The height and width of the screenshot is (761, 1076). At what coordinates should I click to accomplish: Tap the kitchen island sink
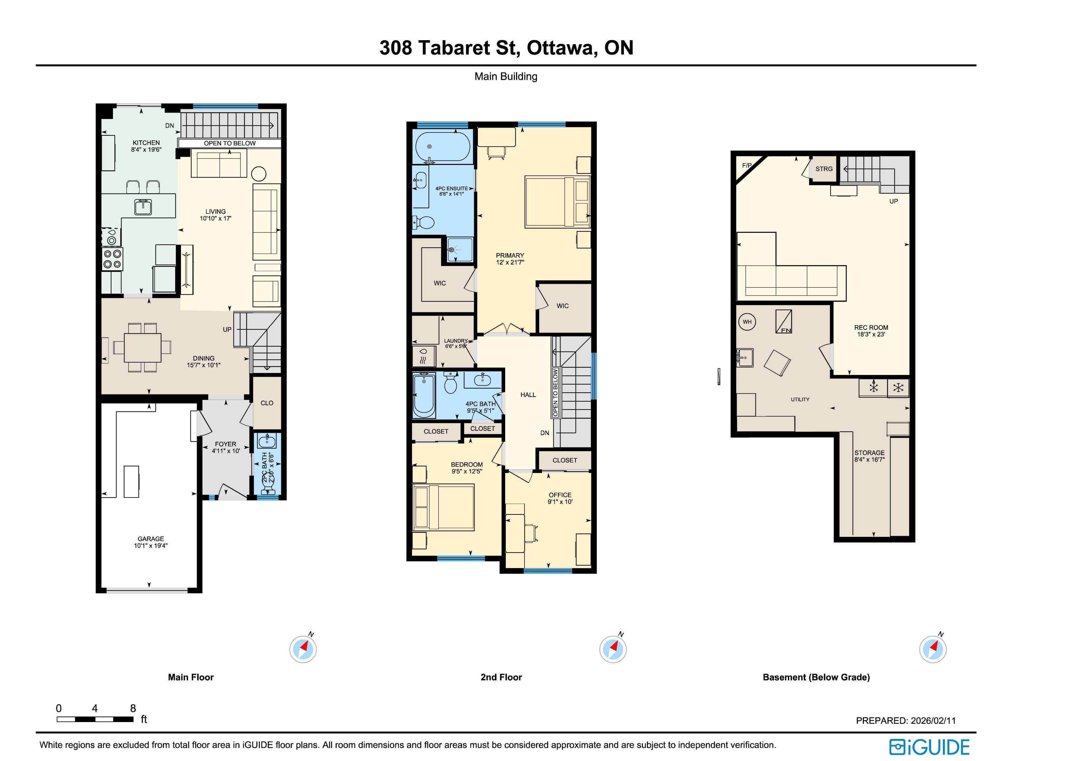pos(143,207)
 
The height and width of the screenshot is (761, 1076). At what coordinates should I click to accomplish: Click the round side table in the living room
pos(259,174)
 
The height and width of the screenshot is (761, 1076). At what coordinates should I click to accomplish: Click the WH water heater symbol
pos(747,322)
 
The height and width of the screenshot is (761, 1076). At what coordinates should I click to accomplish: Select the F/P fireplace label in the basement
pos(747,165)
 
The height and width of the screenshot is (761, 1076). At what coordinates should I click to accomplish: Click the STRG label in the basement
pos(824,169)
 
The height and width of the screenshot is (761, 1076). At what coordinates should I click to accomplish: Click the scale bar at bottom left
pos(95,719)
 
